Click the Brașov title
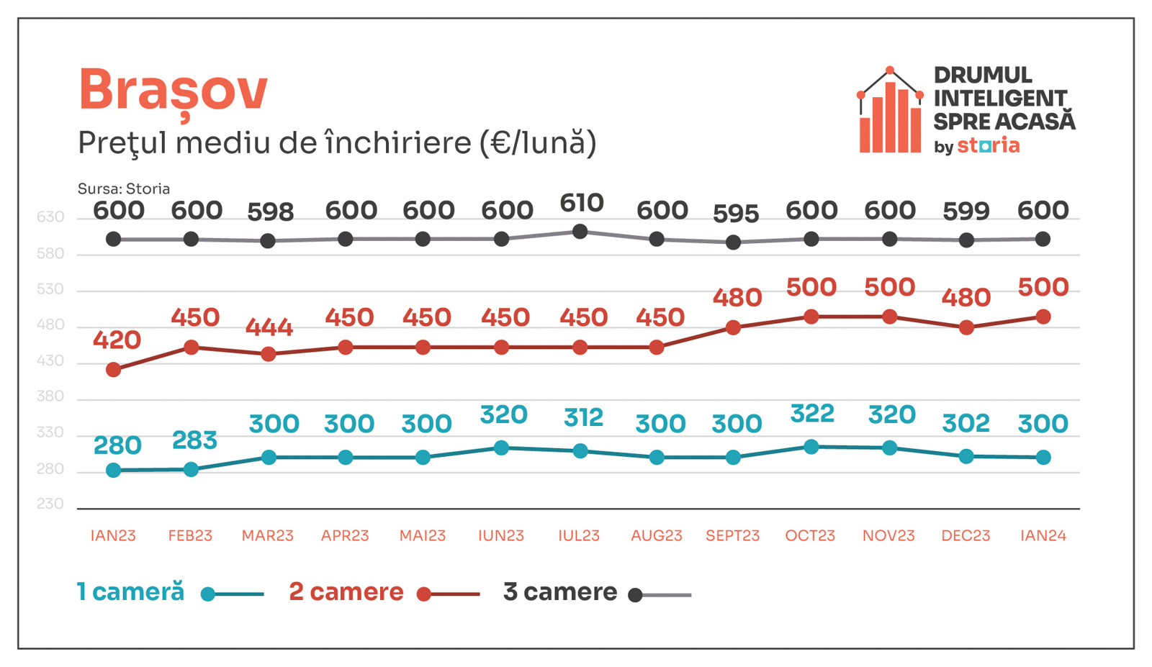pos(173,91)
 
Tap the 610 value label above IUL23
pos(581,203)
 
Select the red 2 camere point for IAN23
pos(114,370)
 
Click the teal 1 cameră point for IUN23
pos(502,448)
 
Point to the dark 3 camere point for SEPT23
pos(733,242)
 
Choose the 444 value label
pos(269,327)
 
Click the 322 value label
pos(811,414)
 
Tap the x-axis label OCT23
pos(810,536)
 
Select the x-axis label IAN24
pos(1043,536)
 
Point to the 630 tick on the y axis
pos(50,217)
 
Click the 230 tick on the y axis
pos(50,504)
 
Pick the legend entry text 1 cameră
pos(130,592)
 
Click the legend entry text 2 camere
pos(346,592)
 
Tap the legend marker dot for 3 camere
pos(635,595)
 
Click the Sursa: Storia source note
pos(124,189)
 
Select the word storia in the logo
pos(988,146)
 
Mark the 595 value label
pos(735,214)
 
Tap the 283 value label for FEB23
pos(194,440)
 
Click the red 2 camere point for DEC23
pos(966,327)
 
